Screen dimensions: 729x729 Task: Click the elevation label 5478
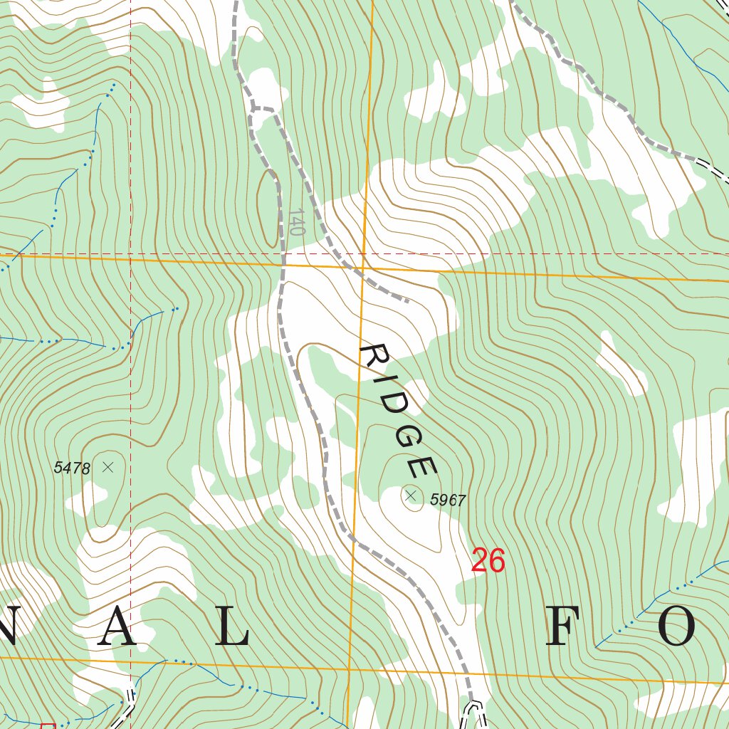(x=72, y=468)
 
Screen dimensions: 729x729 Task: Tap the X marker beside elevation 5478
(x=108, y=467)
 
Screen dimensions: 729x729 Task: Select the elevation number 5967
(x=448, y=500)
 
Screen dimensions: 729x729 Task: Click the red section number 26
(x=488, y=562)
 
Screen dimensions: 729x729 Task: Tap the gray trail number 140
(x=297, y=222)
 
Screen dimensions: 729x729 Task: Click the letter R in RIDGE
(x=372, y=357)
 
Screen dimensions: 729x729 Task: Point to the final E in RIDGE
(x=421, y=467)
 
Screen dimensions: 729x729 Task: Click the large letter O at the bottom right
(x=676, y=629)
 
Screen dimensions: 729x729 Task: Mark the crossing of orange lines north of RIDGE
(x=363, y=268)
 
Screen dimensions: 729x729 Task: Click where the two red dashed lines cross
(x=130, y=253)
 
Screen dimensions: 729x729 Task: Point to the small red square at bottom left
(x=48, y=725)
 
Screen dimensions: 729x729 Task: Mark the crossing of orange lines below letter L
(x=350, y=670)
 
